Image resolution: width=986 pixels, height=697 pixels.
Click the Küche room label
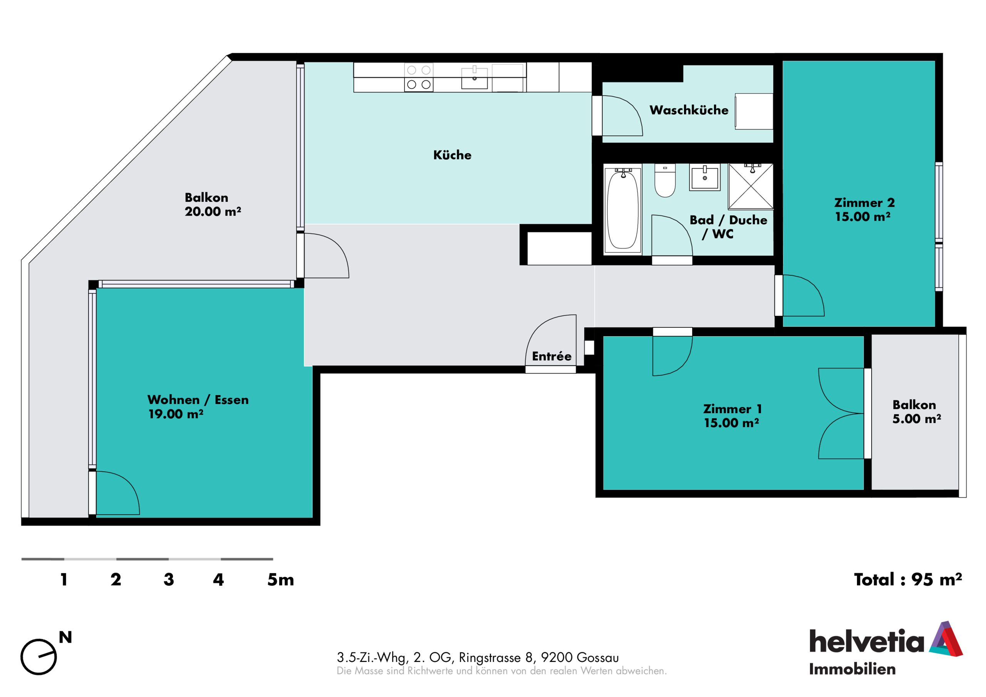tap(452, 155)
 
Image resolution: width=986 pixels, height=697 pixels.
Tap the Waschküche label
tap(689, 110)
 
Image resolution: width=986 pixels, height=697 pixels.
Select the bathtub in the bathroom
tap(623, 209)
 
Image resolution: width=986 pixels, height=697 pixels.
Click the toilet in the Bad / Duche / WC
tap(665, 180)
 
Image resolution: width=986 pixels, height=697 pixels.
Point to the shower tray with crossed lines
tap(751, 186)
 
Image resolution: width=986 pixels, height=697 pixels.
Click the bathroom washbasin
tap(705, 177)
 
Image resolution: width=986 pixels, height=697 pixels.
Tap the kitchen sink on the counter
tap(475, 78)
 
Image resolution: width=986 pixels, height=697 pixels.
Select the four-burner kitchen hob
tap(419, 77)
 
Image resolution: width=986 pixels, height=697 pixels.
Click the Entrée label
tap(552, 356)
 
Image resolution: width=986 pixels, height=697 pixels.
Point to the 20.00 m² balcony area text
tap(213, 211)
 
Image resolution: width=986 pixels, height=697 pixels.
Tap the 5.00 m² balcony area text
tap(916, 418)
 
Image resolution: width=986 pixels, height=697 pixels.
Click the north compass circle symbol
tap(39, 657)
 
